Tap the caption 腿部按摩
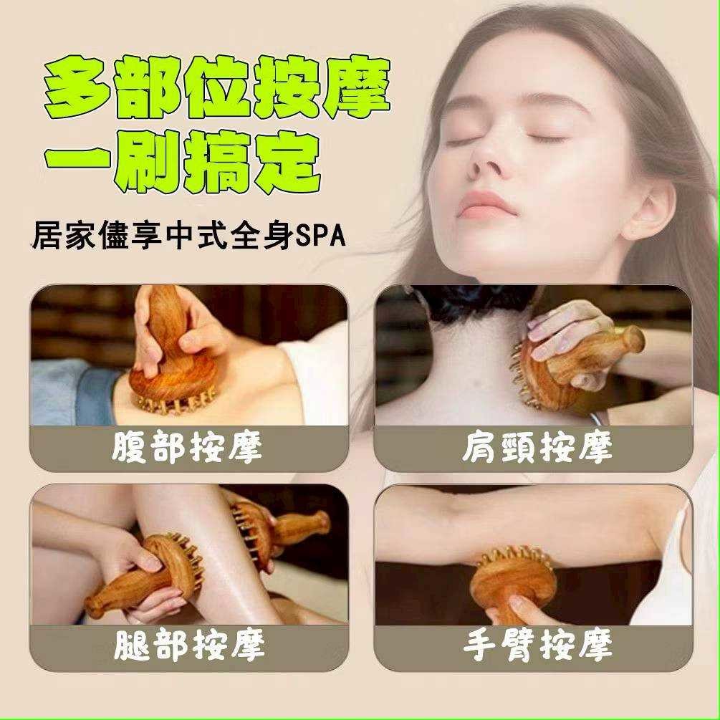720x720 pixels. [189, 645]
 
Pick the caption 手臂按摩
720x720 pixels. [538, 645]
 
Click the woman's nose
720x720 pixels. [482, 165]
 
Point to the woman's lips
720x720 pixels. [484, 206]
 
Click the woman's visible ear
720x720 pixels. [648, 209]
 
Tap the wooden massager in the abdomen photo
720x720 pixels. [172, 354]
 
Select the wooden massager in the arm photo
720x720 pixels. [514, 581]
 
